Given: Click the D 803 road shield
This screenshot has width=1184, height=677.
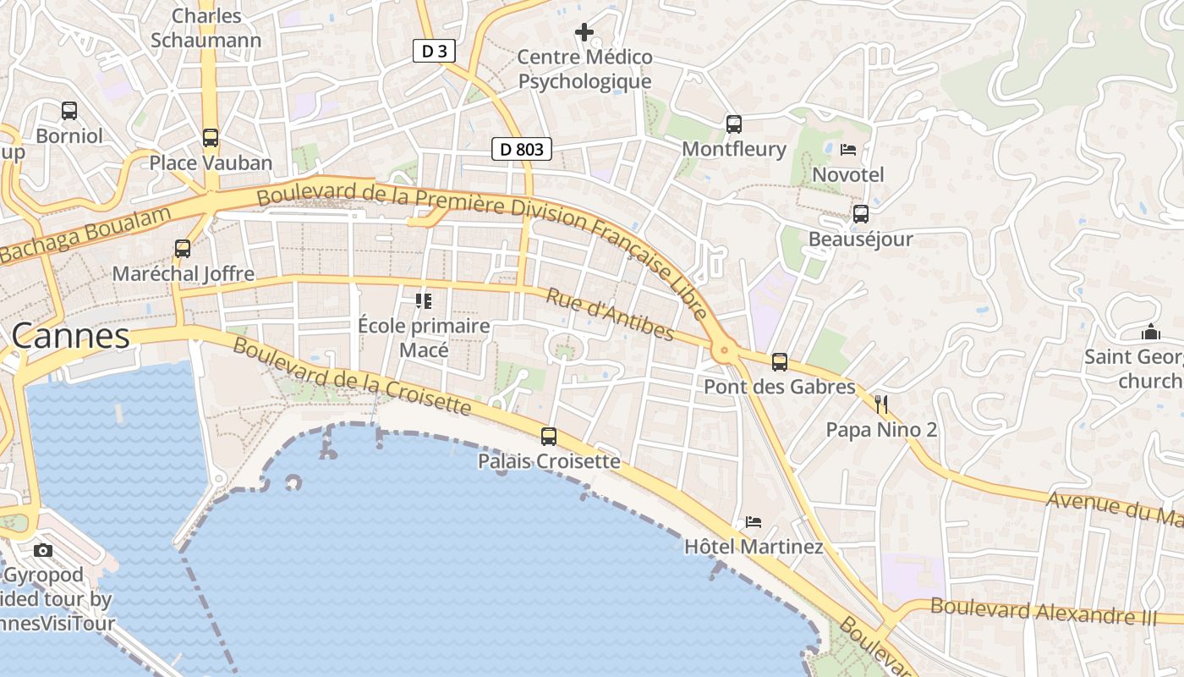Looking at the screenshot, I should coord(521,150).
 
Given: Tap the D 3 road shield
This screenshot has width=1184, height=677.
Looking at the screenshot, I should coord(434,51).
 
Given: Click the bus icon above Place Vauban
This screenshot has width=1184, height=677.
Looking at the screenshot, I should coord(211,137).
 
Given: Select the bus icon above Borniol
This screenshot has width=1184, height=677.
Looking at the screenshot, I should coord(69,111).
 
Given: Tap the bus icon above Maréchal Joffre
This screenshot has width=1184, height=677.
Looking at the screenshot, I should coord(183,249).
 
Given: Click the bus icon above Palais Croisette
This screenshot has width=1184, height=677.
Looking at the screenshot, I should coord(549,437).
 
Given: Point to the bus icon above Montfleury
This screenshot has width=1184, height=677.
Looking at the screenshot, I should coord(734,124).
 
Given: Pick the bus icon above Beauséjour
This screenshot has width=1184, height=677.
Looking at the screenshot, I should coord(861,214).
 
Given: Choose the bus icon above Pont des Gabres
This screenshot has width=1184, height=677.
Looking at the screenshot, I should coord(780,362).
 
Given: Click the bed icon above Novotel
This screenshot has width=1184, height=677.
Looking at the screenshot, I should coord(848,150).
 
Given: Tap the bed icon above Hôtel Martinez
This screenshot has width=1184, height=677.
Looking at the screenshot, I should coord(754,522).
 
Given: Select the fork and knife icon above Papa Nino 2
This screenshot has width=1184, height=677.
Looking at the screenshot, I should coord(881,405).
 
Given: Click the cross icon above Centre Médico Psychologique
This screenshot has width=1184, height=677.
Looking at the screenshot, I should coord(584,33).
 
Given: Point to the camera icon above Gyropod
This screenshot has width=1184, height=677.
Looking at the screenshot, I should coord(43,551).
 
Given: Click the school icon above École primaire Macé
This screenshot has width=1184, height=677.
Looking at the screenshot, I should coord(424,300).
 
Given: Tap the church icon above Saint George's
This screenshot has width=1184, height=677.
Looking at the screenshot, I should coord(1150,332).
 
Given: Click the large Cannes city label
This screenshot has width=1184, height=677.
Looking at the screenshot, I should coord(71,336).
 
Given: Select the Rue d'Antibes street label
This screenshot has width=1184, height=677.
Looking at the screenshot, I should coord(609,315).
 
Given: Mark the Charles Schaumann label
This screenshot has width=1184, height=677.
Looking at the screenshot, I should coord(206,28).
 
